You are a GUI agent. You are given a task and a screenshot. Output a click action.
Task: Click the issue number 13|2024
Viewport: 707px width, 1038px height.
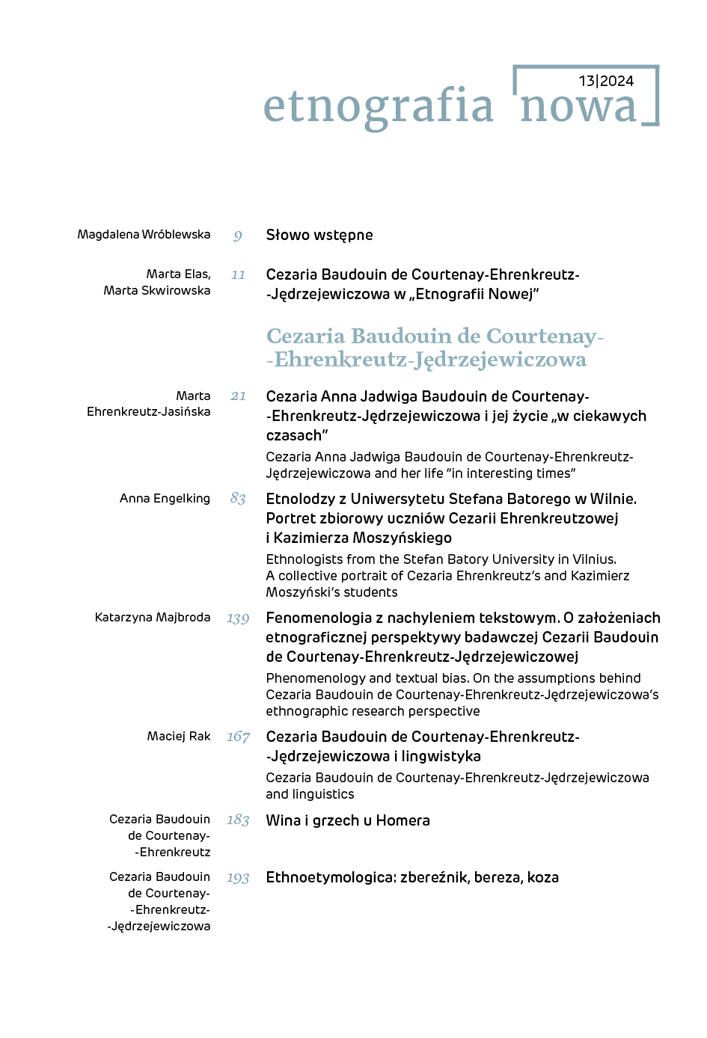point(606,81)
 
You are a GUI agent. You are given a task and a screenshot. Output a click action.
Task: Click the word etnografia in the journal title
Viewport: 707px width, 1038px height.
point(379,106)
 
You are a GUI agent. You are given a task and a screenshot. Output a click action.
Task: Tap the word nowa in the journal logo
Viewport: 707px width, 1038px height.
point(578,107)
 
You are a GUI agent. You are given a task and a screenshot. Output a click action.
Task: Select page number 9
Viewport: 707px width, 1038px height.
point(238,236)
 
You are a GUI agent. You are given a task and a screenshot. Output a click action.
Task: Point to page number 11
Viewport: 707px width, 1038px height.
point(238,275)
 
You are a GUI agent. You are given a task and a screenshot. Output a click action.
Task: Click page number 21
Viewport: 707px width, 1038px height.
point(238,396)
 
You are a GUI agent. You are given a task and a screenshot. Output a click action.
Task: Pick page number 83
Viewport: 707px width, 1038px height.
point(238,499)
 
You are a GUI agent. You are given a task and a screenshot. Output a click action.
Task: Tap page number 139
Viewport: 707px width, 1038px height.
point(238,618)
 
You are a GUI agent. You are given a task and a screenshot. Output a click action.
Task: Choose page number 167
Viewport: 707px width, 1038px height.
point(238,737)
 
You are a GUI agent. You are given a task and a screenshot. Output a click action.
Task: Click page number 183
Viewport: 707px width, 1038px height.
point(238,820)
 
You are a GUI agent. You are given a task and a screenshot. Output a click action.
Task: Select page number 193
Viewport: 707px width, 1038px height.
point(238,878)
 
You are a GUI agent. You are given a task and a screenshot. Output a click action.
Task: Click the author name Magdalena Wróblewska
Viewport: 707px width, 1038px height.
point(144,235)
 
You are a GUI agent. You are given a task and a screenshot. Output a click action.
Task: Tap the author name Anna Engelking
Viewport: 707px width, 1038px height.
point(165,499)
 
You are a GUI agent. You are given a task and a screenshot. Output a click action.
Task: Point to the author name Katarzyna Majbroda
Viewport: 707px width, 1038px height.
point(153,618)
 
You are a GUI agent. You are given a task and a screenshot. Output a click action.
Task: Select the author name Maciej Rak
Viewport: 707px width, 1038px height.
point(179,737)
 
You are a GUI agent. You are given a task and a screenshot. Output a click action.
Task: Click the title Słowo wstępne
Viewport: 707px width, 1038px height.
point(319,236)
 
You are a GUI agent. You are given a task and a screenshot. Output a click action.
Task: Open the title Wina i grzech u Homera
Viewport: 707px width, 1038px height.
point(348,821)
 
